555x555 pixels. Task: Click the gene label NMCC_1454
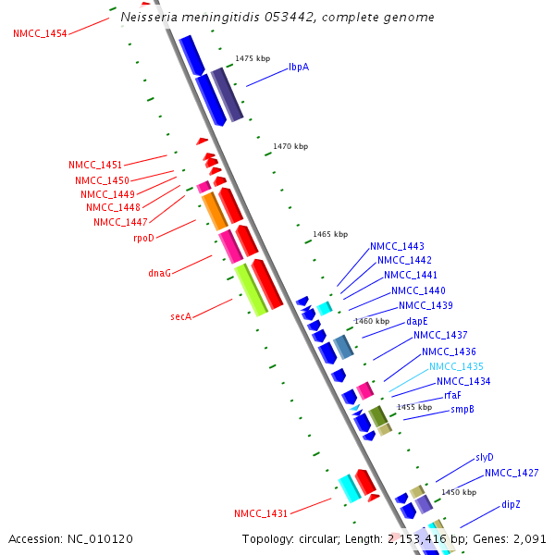coord(40,33)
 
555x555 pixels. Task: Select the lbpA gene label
coord(299,67)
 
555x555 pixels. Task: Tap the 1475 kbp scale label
coord(253,58)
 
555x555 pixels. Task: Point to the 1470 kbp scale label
coord(290,146)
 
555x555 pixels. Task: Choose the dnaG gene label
coord(160,273)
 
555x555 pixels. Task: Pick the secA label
coord(180,316)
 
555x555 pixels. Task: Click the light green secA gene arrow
coord(251,289)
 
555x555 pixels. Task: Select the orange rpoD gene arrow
coord(215,211)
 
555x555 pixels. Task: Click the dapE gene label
coord(417,321)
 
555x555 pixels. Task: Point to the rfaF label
coord(452,395)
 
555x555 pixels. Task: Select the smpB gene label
coord(462,409)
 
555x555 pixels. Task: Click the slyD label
coord(485,457)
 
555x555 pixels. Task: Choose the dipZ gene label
coord(512,504)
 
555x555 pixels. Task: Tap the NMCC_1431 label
coord(261,512)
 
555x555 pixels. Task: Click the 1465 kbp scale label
coord(330,234)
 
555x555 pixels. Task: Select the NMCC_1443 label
coord(397,246)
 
